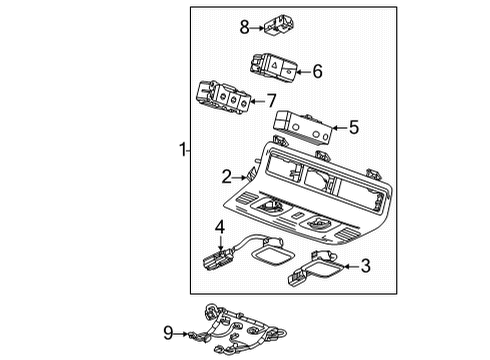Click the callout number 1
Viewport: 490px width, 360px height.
(x=182, y=150)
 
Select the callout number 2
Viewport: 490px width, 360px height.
(x=227, y=177)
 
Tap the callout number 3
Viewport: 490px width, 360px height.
(x=365, y=265)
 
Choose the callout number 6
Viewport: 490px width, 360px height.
(x=317, y=71)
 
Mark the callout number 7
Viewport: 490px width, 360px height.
(x=270, y=100)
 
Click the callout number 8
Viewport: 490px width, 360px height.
(x=243, y=27)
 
